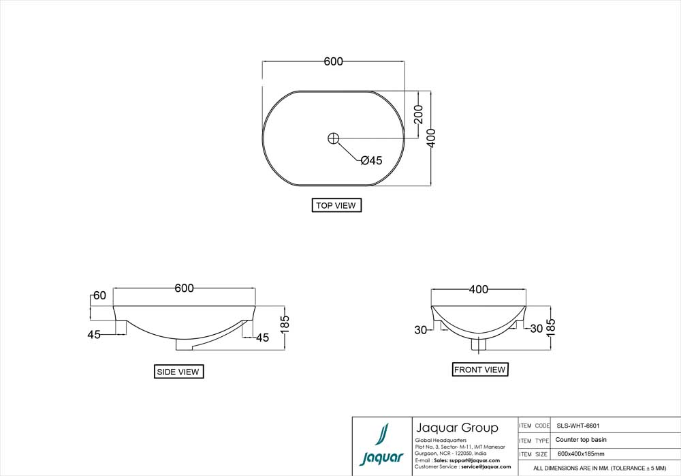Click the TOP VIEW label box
[336, 205]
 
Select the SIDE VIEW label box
[178, 372]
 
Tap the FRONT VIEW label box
[480, 370]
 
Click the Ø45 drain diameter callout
[371, 161]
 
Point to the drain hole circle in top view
[333, 138]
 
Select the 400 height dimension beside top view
[430, 138]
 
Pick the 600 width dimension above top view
[333, 61]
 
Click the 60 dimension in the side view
[99, 295]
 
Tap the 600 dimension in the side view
[184, 288]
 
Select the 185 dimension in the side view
[285, 327]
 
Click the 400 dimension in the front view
[479, 290]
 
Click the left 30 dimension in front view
[420, 329]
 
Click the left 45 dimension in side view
[94, 334]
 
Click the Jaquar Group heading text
[456, 428]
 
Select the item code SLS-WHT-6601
[577, 426]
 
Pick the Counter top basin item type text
[580, 440]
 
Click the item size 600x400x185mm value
[580, 454]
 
